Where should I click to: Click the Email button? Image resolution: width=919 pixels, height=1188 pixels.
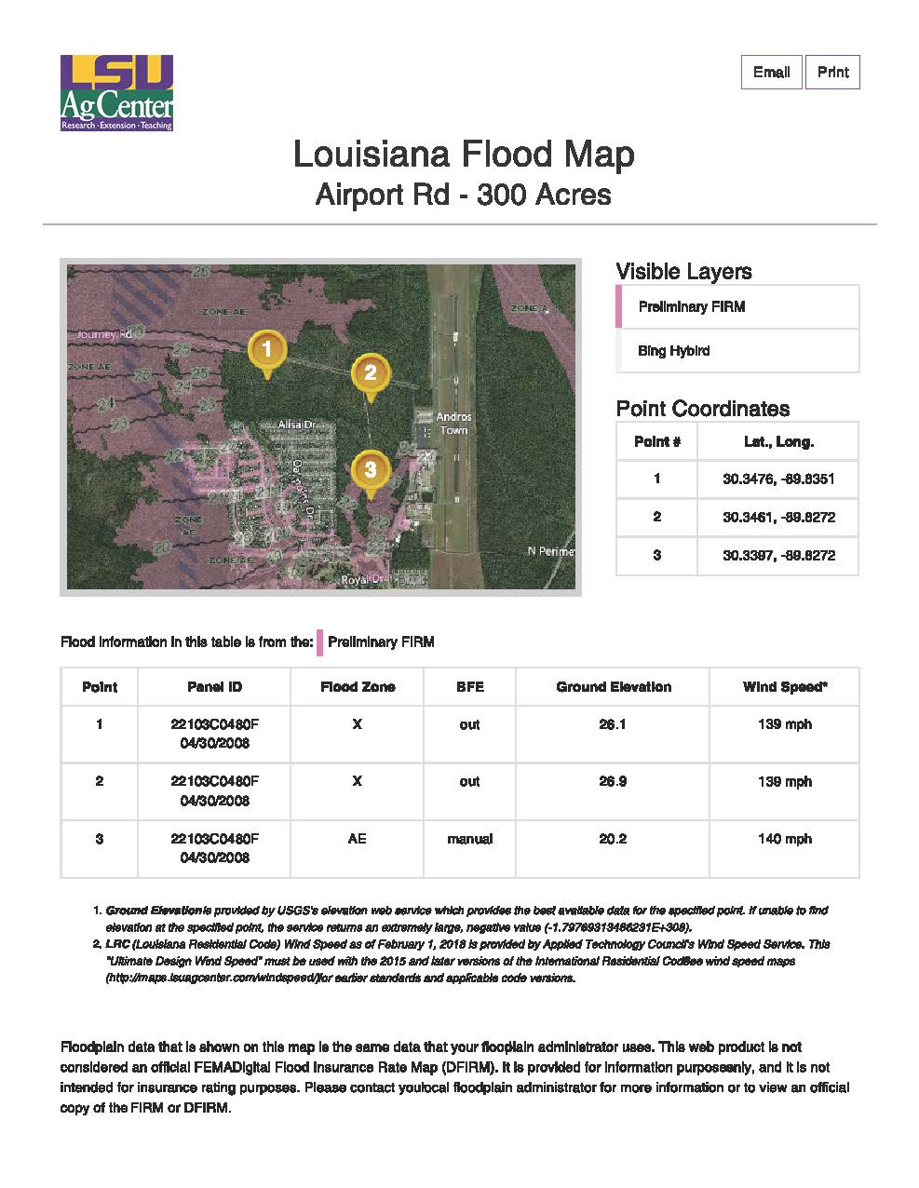(771, 73)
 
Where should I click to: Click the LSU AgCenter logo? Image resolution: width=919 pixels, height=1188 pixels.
(116, 93)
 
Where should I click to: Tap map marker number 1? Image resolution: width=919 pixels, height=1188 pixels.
(267, 350)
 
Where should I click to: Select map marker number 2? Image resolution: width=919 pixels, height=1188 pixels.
(370, 373)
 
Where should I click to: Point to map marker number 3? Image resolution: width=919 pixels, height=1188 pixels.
(371, 470)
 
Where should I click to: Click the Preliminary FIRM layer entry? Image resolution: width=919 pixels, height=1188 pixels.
(691, 307)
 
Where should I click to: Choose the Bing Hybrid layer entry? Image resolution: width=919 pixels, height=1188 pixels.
(673, 351)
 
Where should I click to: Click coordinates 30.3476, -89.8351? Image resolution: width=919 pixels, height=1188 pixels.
(777, 479)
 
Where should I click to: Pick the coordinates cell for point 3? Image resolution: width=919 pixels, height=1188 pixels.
(777, 556)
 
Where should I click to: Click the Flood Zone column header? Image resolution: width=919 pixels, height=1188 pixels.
(358, 687)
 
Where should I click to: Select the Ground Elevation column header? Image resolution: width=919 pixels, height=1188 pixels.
(613, 687)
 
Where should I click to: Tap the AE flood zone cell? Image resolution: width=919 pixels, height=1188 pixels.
(358, 839)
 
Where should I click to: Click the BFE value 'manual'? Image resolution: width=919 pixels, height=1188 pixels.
(469, 839)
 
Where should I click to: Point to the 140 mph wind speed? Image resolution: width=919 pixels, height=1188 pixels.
(784, 839)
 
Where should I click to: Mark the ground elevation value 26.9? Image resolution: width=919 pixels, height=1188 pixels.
(613, 782)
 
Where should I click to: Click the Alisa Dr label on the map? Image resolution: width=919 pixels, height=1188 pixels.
(297, 425)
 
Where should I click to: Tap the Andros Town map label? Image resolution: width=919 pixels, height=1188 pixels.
(453, 424)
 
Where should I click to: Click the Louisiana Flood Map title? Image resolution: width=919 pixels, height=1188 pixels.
(463, 154)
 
